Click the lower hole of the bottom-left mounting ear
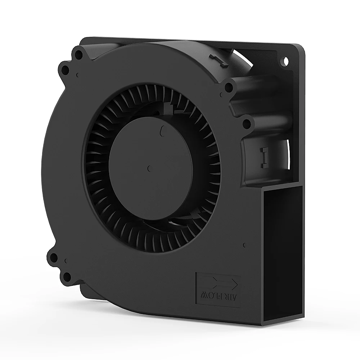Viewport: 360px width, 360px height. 67,276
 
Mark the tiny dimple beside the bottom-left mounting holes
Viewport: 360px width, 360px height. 66,260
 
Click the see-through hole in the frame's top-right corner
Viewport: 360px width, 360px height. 286,61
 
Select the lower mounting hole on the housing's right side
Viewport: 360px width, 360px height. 247,124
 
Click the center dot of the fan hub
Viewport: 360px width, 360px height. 149,167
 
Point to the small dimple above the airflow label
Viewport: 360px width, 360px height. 244,244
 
